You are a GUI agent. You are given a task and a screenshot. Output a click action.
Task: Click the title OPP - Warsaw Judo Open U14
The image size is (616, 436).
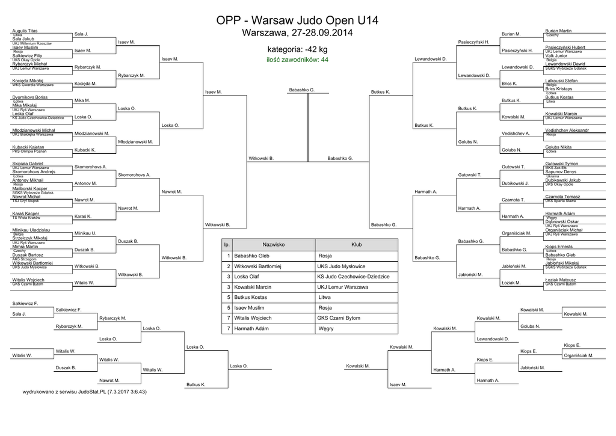tap(297, 20)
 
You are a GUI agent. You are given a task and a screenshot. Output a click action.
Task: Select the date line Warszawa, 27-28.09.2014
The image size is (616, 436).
tap(297, 32)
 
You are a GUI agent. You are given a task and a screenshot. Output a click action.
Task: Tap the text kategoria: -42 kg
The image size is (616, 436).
tap(297, 49)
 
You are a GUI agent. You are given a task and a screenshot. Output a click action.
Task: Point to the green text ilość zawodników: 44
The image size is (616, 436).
tap(297, 60)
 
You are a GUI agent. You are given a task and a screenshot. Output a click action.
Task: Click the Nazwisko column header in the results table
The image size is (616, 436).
tap(274, 245)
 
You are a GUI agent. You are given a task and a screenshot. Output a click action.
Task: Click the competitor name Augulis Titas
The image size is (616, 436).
tap(25, 30)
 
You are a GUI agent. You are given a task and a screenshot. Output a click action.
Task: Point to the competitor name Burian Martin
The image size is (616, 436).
tap(558, 30)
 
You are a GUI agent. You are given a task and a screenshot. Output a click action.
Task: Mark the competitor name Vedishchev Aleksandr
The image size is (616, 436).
tap(567, 130)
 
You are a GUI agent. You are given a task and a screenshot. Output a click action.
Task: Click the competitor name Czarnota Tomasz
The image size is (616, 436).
tap(562, 197)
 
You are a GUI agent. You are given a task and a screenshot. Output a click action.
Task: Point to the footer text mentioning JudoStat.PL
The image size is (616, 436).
tap(85, 391)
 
